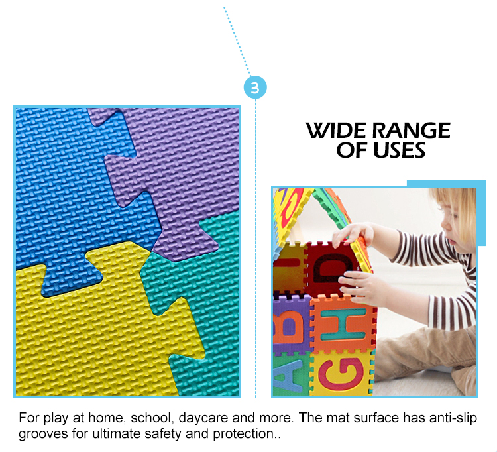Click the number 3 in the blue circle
[255, 88]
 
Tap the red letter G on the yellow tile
[341, 374]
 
